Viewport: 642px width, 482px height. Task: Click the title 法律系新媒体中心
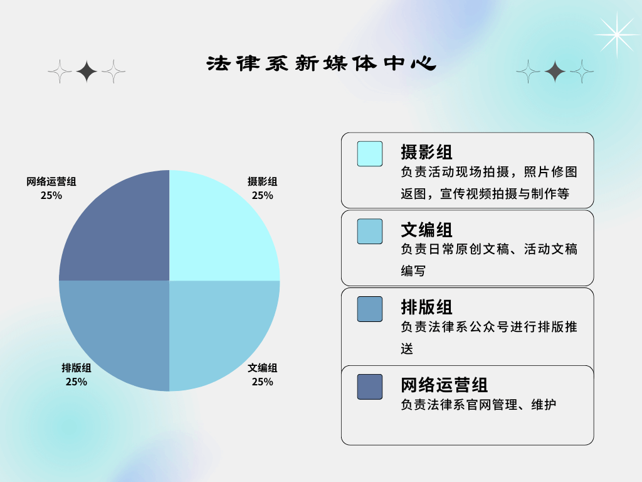(321, 63)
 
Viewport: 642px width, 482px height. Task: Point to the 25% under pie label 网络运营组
(51, 196)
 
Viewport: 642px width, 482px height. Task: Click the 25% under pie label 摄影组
(263, 196)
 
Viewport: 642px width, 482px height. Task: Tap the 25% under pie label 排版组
(76, 382)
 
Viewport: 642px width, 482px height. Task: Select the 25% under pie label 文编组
(263, 382)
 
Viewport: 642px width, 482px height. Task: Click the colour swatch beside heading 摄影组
(370, 154)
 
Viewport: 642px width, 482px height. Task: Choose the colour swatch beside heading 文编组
(370, 232)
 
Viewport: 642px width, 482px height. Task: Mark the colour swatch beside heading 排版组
(370, 309)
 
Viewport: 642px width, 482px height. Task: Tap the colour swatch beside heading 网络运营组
(370, 387)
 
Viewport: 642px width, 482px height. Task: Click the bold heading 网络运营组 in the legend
(445, 385)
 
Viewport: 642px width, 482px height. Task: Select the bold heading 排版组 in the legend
(426, 308)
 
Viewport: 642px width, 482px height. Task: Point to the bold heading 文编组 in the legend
(426, 230)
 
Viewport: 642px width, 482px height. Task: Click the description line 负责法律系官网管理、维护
(478, 405)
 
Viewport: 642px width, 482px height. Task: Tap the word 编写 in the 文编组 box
(413, 271)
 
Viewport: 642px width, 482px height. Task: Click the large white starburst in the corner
(617, 35)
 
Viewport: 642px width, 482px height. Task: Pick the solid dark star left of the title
(87, 72)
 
